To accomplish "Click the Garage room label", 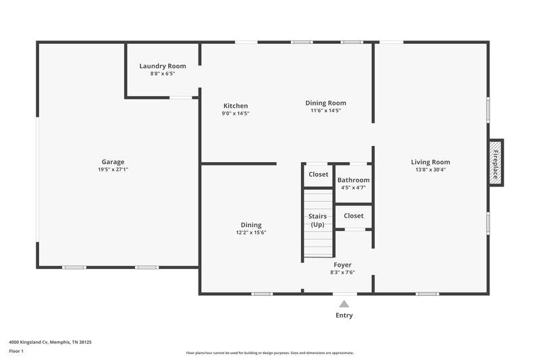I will click(113, 162).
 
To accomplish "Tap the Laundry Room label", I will click(163, 66).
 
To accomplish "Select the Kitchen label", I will click(236, 106).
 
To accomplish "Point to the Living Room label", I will click(430, 162).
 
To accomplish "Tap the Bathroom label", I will click(354, 180).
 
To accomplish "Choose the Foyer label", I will click(343, 265).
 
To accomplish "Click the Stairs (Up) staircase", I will click(318, 224).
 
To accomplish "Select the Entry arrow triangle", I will click(344, 304).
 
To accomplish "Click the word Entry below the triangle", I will click(344, 315).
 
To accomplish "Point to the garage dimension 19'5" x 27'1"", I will click(113, 170).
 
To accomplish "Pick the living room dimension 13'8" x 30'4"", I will click(430, 170).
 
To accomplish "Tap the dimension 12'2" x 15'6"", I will click(251, 232).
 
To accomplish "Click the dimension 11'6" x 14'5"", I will click(325, 111).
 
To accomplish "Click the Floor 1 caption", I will click(17, 351).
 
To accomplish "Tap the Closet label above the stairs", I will click(319, 174).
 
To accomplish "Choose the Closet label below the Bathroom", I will click(354, 216).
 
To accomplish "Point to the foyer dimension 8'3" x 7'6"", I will click(343, 272).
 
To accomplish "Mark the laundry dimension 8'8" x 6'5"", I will click(163, 74).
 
